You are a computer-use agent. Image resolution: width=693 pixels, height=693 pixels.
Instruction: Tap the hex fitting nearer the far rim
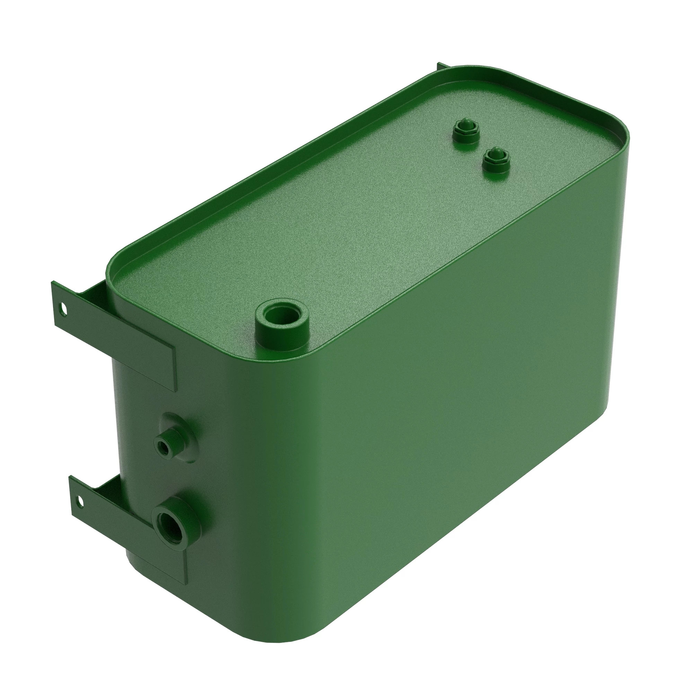click(465, 131)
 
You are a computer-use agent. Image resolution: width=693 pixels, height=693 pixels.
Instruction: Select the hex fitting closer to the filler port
click(496, 160)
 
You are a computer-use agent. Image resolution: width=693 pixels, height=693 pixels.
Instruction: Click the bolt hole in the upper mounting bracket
click(63, 308)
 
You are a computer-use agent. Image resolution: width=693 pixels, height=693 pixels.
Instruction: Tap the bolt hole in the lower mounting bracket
click(80, 499)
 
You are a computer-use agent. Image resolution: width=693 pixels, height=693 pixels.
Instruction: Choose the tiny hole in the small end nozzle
click(163, 447)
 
